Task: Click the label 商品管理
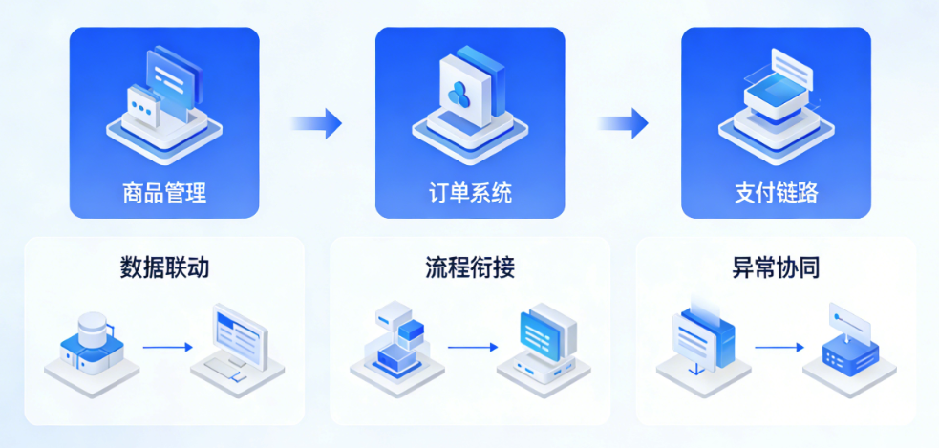point(164,193)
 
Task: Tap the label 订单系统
point(469,193)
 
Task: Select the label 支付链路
point(776,193)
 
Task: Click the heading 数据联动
point(164,267)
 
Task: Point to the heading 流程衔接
point(469,267)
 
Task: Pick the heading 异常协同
point(776,267)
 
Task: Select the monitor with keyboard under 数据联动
point(237,344)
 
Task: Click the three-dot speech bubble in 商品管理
point(144,106)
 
